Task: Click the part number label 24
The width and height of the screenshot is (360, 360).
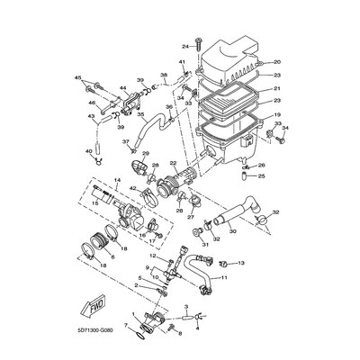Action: click(183, 45)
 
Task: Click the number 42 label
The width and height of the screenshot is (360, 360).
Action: click(131, 190)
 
